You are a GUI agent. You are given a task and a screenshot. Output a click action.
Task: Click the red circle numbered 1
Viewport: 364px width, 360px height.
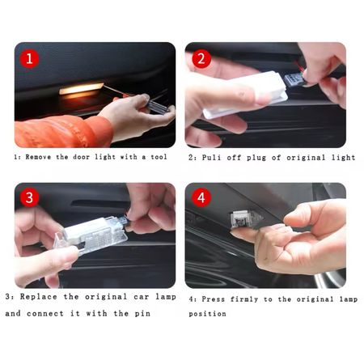pyautogui.click(x=29, y=58)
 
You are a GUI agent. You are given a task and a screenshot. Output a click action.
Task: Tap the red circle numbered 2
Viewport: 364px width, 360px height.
pyautogui.click(x=201, y=58)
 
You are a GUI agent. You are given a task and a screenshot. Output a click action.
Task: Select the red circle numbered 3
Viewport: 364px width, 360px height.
pyautogui.click(x=29, y=197)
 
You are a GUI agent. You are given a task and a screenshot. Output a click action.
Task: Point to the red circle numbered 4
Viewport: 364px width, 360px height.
pyautogui.click(x=201, y=197)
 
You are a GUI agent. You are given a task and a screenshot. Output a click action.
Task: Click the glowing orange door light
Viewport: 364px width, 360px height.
pyautogui.click(x=81, y=89)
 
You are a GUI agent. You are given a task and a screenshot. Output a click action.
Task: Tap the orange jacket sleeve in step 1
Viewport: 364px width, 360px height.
pyautogui.click(x=63, y=131)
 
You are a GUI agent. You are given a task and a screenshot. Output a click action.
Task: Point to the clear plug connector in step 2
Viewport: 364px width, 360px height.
pyautogui.click(x=293, y=80)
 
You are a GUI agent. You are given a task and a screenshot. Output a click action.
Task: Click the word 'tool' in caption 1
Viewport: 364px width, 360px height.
pyautogui.click(x=159, y=157)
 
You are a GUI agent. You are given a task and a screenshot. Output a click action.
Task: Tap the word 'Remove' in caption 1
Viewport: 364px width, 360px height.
pyautogui.click(x=38, y=157)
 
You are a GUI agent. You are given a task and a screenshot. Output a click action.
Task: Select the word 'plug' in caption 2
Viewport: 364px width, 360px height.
pyautogui.click(x=256, y=158)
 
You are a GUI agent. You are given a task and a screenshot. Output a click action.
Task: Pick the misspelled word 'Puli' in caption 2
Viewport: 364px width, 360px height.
pyautogui.click(x=211, y=158)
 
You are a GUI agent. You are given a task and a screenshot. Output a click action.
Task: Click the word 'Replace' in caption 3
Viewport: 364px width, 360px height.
pyautogui.click(x=39, y=297)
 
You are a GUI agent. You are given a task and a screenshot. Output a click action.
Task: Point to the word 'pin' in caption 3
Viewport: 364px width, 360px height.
pyautogui.click(x=142, y=314)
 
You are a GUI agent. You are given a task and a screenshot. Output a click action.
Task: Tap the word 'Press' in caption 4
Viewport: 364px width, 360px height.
pyautogui.click(x=213, y=299)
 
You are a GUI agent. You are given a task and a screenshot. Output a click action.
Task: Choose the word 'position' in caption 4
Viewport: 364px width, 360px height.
pyautogui.click(x=207, y=314)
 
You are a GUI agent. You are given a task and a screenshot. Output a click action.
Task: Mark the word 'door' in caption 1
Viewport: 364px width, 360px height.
pyautogui.click(x=81, y=157)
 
